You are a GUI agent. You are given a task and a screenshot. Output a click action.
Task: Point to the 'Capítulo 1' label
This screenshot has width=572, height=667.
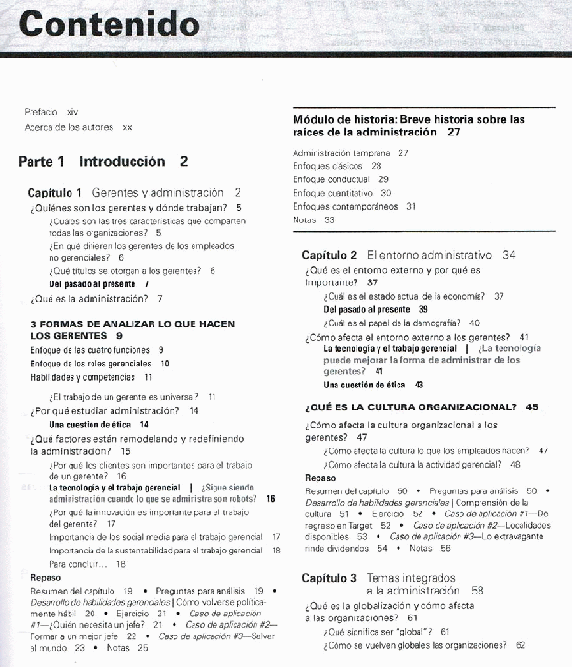[54, 192]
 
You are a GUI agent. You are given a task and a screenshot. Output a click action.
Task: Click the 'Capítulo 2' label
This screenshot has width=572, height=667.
[329, 256]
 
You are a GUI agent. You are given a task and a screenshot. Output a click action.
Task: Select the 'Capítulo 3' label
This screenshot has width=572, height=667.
[329, 578]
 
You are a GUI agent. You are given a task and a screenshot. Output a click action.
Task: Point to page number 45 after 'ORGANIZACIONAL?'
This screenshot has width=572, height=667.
[532, 407]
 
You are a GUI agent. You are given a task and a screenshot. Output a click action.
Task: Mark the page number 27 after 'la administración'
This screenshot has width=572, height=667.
[453, 133]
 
